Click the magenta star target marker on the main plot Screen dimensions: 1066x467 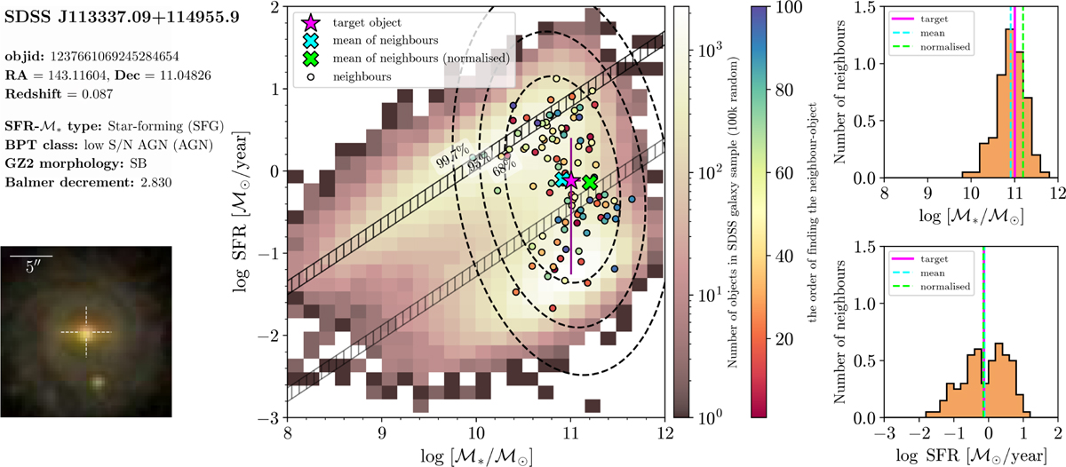tap(571, 181)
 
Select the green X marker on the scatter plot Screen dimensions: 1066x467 tap(590, 182)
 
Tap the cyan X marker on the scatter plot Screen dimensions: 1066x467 tap(561, 179)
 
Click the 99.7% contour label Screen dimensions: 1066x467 tap(452, 156)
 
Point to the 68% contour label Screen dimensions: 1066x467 tap(504, 166)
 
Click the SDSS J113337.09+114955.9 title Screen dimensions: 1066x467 tap(122, 17)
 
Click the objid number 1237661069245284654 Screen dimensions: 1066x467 tap(115, 57)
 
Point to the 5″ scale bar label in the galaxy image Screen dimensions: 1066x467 tap(31, 267)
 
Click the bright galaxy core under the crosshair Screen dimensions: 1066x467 tap(86, 332)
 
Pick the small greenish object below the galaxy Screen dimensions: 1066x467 tap(98, 382)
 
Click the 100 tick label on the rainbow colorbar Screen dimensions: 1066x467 tap(788, 8)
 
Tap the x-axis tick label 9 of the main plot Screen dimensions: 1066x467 tap(382, 433)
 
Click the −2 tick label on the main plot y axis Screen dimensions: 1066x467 tap(269, 336)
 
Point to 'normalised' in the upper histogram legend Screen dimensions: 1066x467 tap(944, 47)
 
